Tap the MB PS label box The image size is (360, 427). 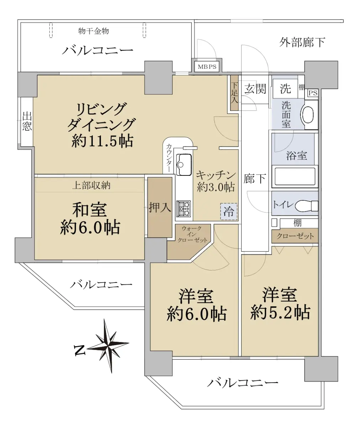point(207,67)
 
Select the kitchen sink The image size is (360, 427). point(185,164)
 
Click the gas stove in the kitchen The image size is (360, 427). point(184,209)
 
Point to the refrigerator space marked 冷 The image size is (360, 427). point(229,211)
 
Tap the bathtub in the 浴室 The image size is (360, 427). point(295,176)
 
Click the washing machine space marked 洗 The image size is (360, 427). point(285,89)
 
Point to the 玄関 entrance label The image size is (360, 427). point(255,89)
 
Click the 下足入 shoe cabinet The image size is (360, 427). point(234,93)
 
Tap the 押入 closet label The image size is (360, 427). point(160,207)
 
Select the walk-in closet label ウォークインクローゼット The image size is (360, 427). point(192,234)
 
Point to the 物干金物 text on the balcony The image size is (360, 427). point(94,31)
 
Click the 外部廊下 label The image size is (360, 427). point(302,42)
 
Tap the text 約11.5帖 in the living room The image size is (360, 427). point(102,141)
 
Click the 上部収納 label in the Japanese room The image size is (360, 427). point(91,185)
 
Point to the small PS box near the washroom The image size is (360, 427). point(313,93)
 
